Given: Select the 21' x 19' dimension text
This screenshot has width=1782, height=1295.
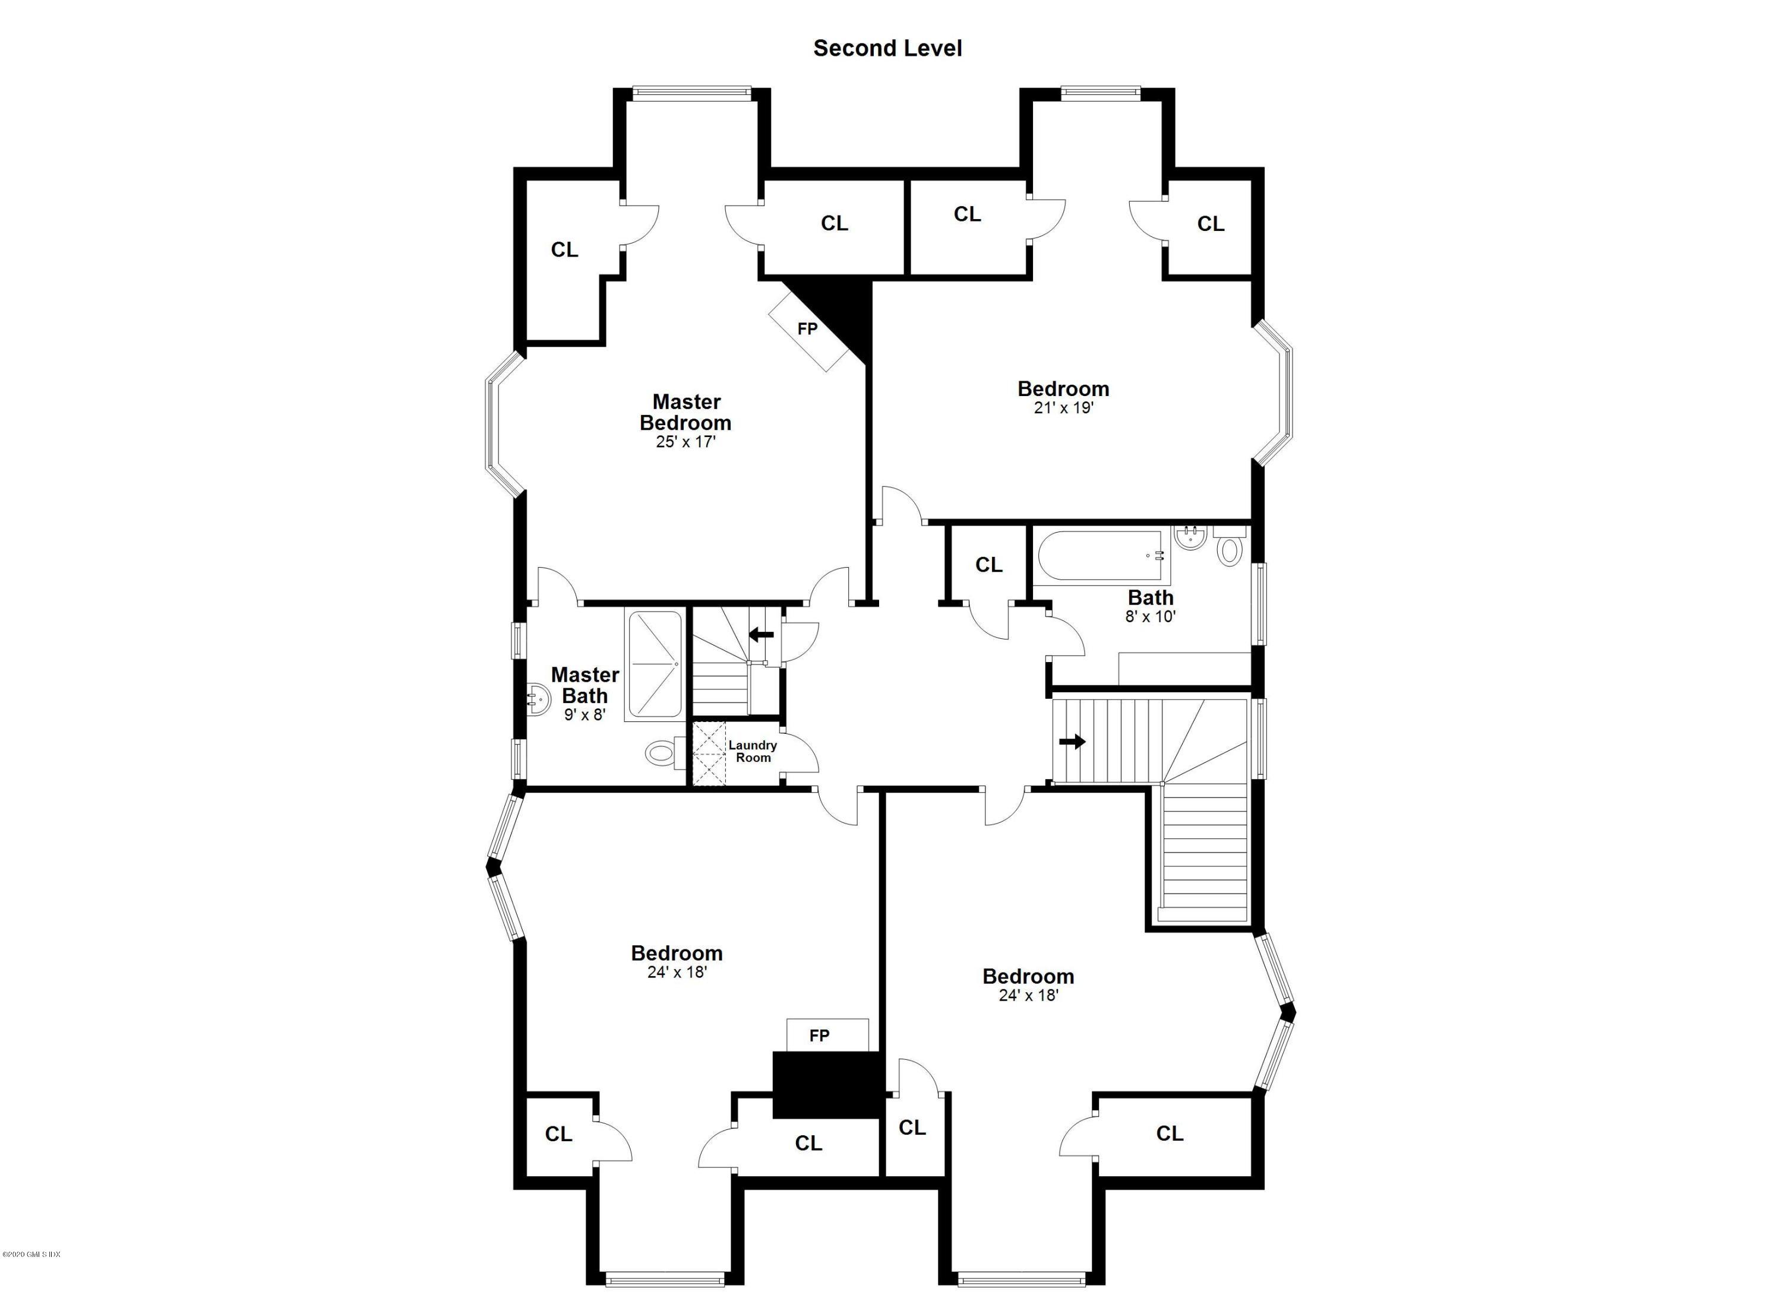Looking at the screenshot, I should click(x=1063, y=409).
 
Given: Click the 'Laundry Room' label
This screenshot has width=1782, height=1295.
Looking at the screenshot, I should click(x=752, y=752).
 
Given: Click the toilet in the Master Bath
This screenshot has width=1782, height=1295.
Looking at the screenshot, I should click(x=662, y=754).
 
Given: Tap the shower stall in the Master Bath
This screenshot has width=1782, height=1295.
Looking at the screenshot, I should click(x=654, y=664).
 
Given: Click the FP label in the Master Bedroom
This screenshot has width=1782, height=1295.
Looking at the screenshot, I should click(x=807, y=329).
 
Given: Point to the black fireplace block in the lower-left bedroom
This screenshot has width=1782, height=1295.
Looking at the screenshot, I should click(x=827, y=1085).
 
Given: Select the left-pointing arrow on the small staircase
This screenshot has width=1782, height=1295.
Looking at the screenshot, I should click(x=760, y=635).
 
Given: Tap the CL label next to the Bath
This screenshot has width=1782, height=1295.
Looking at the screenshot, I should click(x=988, y=565).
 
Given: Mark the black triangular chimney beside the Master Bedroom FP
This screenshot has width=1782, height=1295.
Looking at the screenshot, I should click(x=845, y=310).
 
